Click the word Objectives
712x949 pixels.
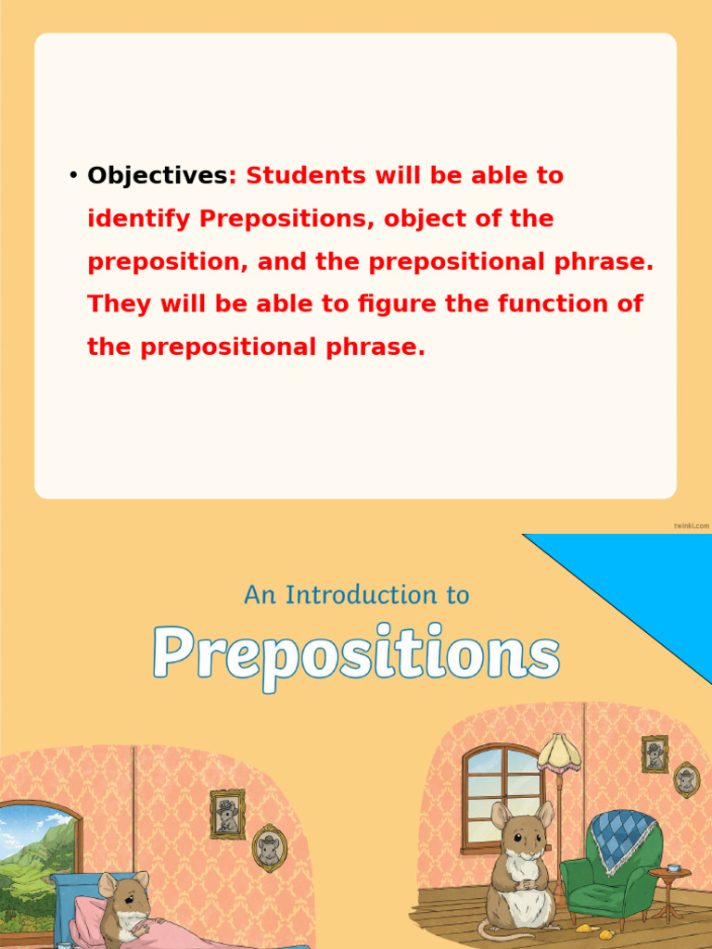(x=157, y=175)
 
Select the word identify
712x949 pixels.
(x=138, y=219)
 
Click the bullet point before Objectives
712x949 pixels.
(x=73, y=175)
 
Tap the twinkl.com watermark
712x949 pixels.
(x=692, y=525)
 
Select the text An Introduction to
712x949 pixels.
(x=356, y=594)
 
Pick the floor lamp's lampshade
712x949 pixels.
(x=559, y=752)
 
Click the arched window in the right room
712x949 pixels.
(x=501, y=797)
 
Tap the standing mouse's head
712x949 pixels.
(x=522, y=829)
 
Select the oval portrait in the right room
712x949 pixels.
(x=686, y=779)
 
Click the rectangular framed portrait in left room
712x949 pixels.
(x=227, y=814)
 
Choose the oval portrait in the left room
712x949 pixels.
(x=269, y=847)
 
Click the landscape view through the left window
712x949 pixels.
(x=37, y=862)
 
